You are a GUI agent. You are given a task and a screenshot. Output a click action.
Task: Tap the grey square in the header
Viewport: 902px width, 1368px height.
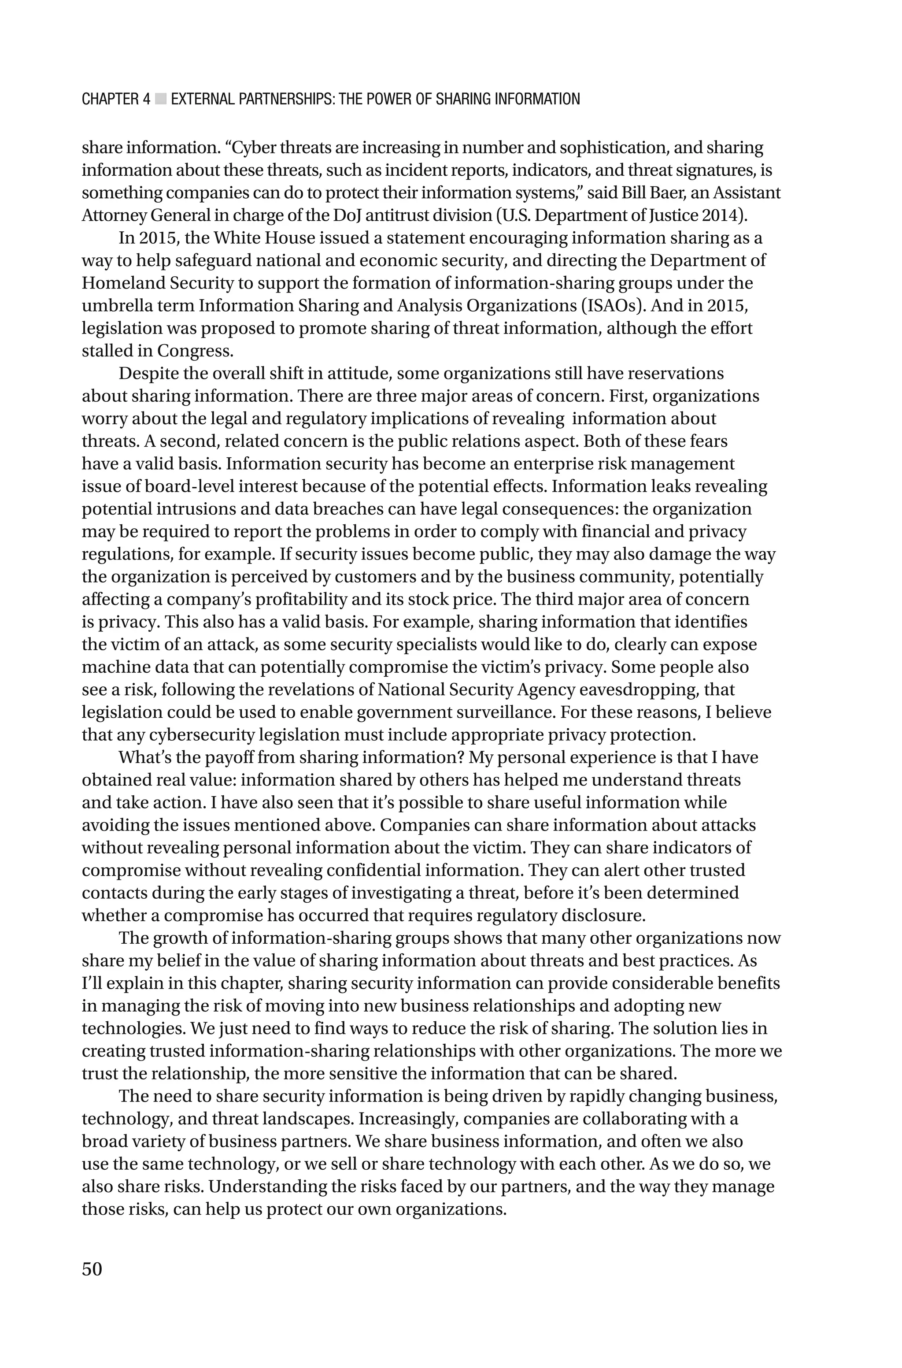click(x=160, y=100)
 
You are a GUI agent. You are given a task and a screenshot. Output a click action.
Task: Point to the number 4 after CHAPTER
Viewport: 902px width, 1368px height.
click(x=146, y=100)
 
